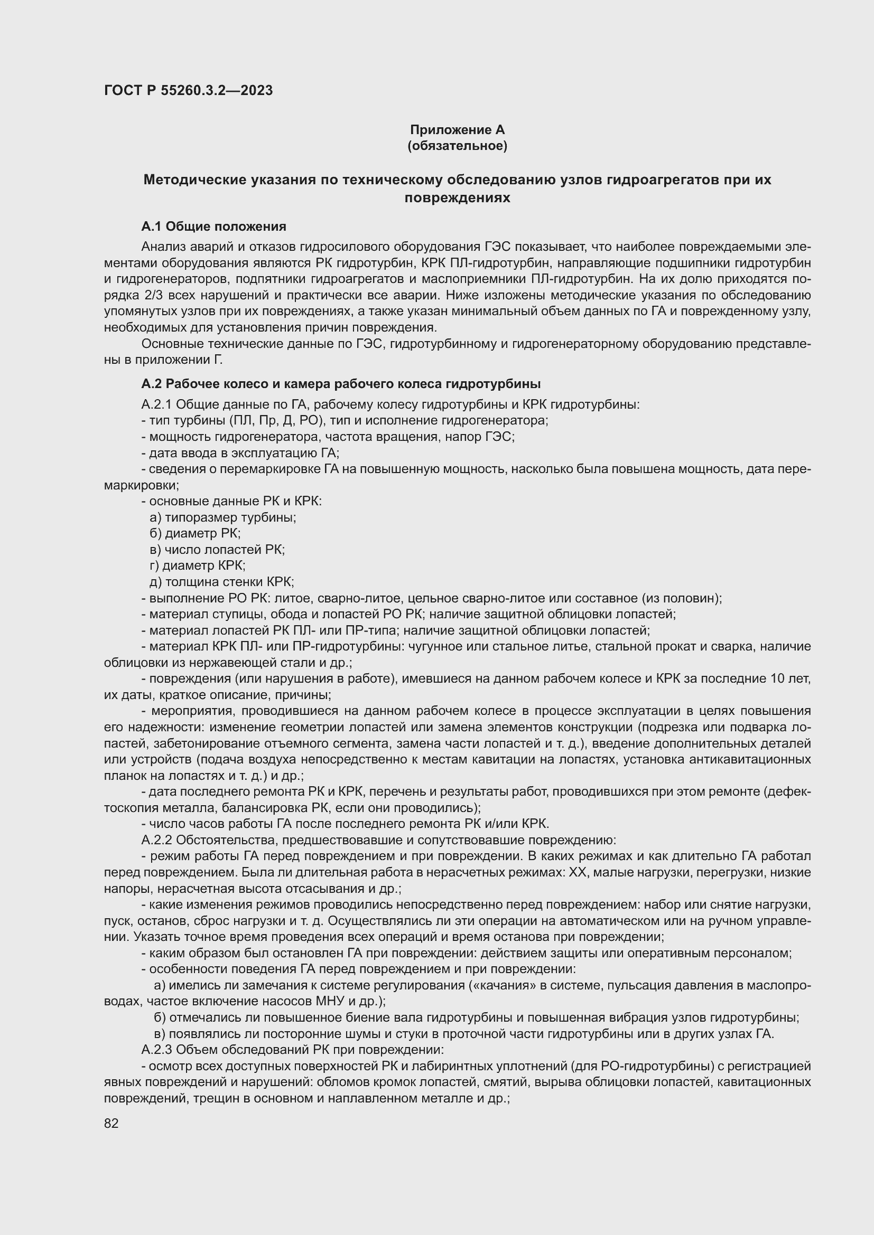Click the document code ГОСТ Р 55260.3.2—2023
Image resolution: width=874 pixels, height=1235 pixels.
tap(188, 90)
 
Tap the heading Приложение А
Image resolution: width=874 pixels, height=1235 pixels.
tap(457, 130)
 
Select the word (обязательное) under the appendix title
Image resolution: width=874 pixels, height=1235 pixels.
tap(457, 146)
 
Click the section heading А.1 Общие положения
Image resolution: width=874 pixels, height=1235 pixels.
tap(213, 227)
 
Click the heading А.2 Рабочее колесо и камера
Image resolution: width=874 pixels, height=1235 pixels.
tap(341, 384)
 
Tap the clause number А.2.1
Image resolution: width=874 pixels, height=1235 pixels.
tap(156, 404)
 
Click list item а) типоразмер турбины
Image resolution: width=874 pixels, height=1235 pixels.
tap(223, 517)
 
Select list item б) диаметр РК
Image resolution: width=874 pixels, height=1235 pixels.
tap(196, 534)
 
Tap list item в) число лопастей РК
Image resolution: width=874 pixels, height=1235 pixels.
tap(217, 550)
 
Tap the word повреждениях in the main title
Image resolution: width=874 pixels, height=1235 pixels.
tap(457, 198)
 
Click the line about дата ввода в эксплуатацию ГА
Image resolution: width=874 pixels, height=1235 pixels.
tap(240, 453)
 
